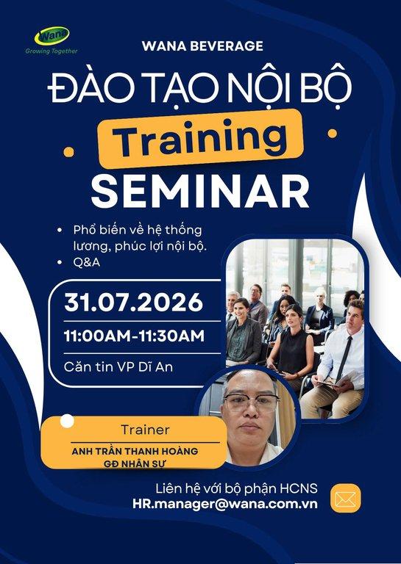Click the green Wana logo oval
52,36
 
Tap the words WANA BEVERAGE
202,46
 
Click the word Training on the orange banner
200,139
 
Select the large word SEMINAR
200,191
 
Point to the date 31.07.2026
133,303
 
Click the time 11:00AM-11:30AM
134,336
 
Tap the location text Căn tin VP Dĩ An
118,367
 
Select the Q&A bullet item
87,262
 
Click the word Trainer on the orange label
145,430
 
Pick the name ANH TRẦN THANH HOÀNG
135,451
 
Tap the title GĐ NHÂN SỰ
134,463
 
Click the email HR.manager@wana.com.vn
225,504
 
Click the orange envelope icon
346,498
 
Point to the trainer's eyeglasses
252,402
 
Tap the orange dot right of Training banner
332,134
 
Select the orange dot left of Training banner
68,152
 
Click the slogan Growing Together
52,51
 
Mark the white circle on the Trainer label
67,422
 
